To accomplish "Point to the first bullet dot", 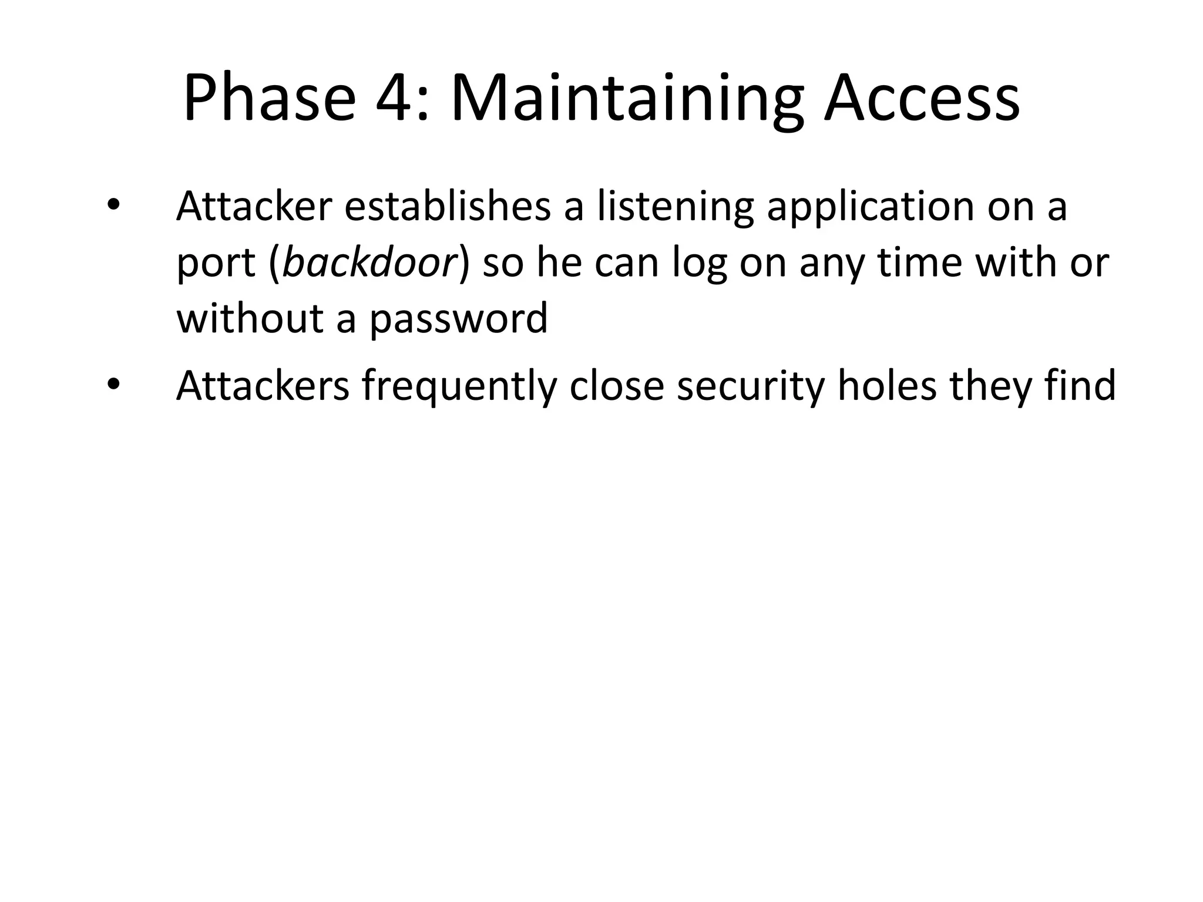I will click(113, 206).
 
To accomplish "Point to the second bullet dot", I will click(113, 385).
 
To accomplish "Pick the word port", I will click(216, 262).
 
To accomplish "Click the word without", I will click(250, 318).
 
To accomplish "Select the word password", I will click(458, 318).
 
